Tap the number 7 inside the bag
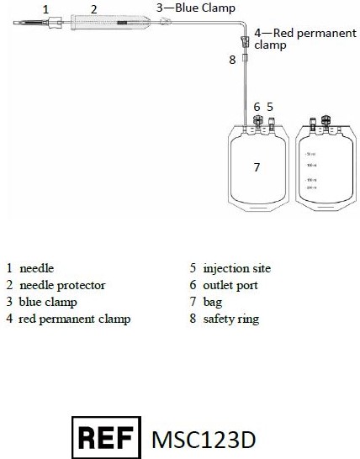257,167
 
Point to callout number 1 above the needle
45,8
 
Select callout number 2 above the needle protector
94,9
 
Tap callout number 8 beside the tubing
232,60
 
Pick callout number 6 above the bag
257,107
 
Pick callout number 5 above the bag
270,107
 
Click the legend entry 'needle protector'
62,285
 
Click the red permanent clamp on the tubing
245,40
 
